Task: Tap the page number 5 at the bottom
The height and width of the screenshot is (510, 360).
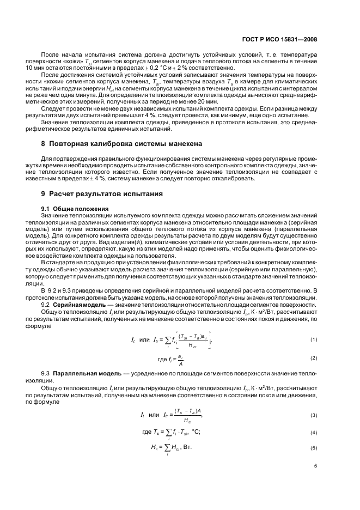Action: (316, 466)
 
